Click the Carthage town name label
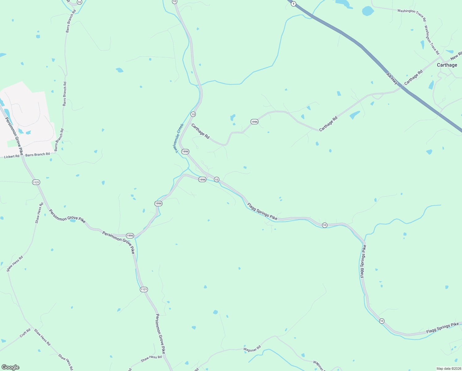(x=447, y=65)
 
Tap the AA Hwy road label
(x=392, y=79)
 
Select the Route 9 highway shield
(x=293, y=4)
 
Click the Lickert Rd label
(x=12, y=156)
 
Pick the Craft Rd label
(x=25, y=333)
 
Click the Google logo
(x=10, y=367)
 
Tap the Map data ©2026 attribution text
(x=448, y=369)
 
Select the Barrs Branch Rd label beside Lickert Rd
(x=37, y=154)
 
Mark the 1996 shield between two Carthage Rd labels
(x=254, y=122)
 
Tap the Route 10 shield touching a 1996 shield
(x=216, y=180)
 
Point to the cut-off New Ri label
(x=456, y=57)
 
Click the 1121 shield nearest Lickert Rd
(x=36, y=182)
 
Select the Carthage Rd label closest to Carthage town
(x=413, y=78)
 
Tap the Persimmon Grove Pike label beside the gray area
(x=14, y=136)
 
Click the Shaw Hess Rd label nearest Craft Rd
(x=42, y=337)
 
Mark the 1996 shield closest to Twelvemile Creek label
(x=185, y=151)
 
